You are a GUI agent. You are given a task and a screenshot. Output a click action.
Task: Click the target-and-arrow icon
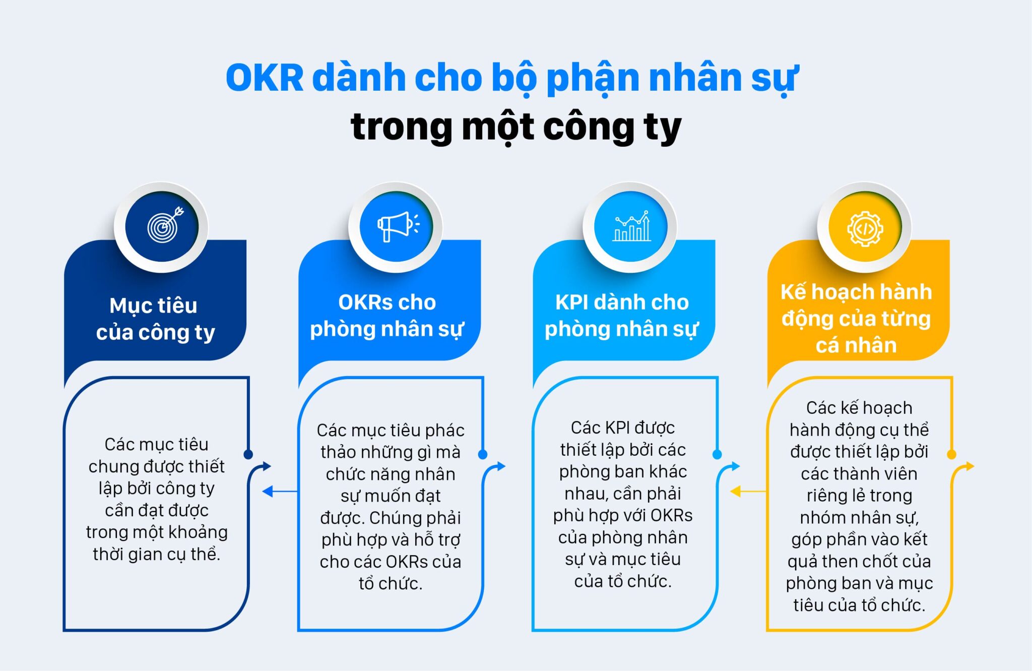[x=163, y=226]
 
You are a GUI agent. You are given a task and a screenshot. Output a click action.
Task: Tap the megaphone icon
[x=397, y=226]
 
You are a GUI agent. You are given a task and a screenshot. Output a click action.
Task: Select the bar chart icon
[x=631, y=226]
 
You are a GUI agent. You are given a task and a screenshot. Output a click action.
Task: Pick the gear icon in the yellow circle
[x=865, y=228]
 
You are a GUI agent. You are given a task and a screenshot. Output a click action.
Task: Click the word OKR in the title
[x=265, y=78]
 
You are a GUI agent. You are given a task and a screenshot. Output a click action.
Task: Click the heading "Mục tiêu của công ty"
[x=155, y=319]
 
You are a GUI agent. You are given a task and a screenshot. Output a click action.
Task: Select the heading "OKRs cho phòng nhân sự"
[x=387, y=316]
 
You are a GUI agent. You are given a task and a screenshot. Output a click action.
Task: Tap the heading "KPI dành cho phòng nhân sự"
[x=622, y=316]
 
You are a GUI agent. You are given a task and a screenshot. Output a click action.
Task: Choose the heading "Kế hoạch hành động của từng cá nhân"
[x=856, y=318]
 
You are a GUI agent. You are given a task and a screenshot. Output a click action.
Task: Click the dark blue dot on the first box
[x=248, y=454]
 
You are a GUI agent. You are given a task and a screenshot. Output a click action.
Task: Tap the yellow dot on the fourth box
[x=951, y=454]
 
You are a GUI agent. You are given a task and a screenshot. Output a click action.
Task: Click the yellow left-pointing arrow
[x=737, y=491]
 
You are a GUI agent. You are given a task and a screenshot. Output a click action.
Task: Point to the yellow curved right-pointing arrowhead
[x=970, y=466]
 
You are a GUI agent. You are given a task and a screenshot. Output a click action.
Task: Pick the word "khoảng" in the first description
[x=202, y=532]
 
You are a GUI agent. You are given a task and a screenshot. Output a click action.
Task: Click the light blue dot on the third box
[x=717, y=454]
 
